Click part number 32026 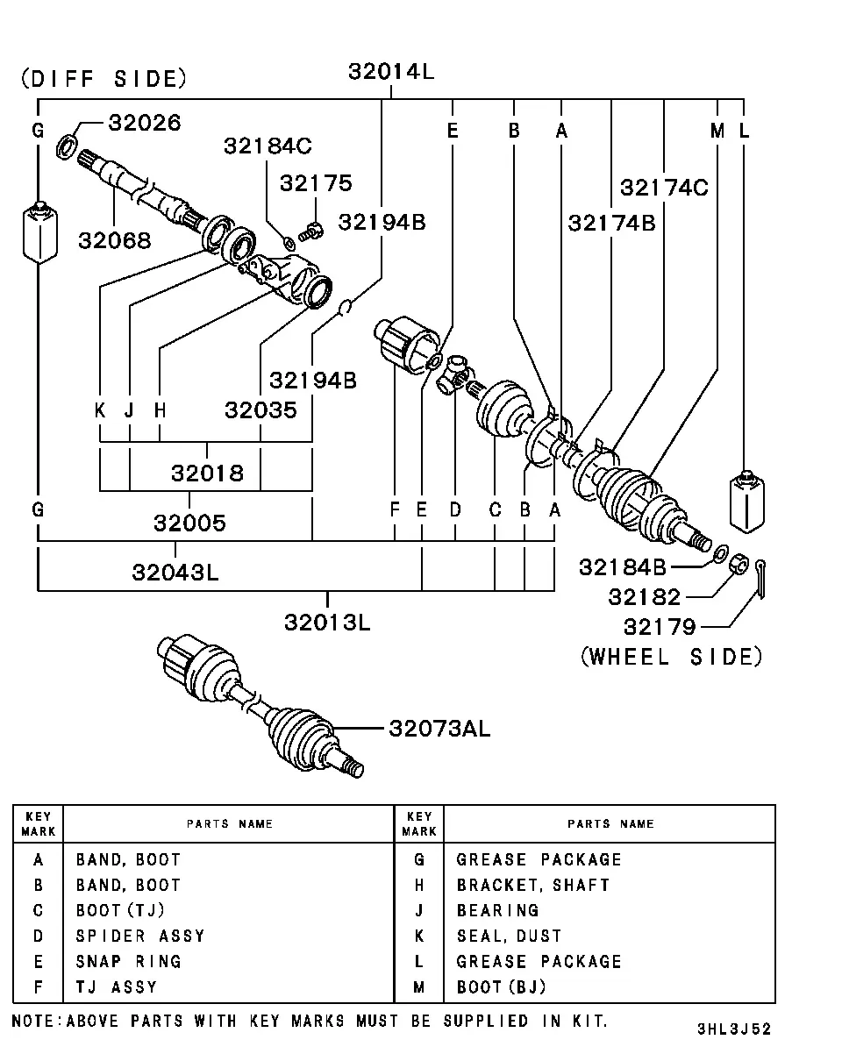pos(145,123)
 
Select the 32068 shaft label pos(114,241)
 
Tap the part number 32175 pos(316,183)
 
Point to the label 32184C pos(268,146)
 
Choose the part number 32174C pos(664,188)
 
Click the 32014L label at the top pos(391,72)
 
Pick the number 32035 pos(261,410)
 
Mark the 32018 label pos(207,474)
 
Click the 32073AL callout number pos(439,729)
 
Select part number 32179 pos(660,627)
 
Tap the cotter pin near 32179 pos(761,578)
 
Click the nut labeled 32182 pos(739,564)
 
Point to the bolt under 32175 pos(310,231)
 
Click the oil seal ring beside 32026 pos(67,146)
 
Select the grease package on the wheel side pos(747,502)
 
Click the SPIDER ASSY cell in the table pos(140,936)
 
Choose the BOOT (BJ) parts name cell pos(501,987)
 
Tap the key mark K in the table pos(418,936)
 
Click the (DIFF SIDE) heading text pos(104,79)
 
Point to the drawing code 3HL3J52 pos(734,1029)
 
